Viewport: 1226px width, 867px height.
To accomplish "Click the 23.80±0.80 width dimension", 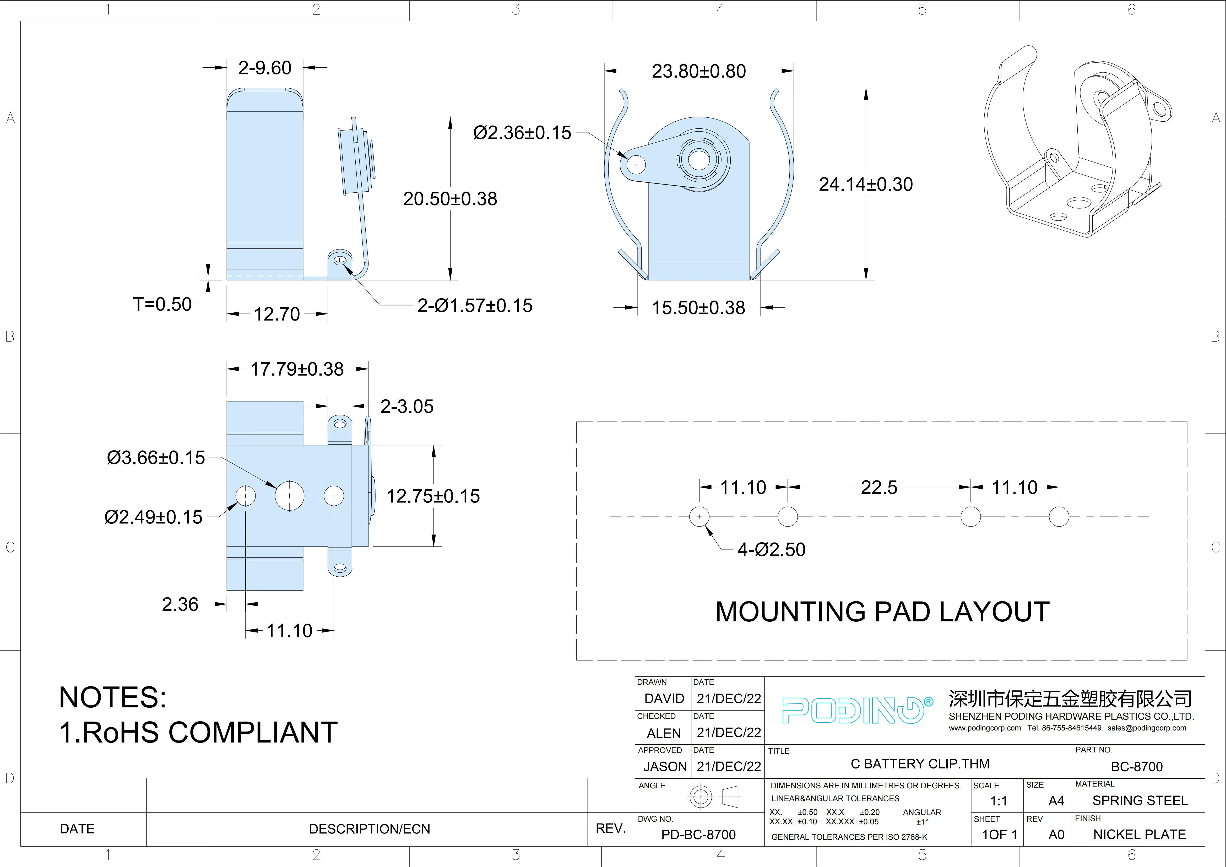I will [698, 71].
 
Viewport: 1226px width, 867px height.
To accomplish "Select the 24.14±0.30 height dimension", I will [866, 184].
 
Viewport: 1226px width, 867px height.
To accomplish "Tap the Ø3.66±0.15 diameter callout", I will [156, 458].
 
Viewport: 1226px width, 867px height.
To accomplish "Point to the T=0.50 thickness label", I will [162, 304].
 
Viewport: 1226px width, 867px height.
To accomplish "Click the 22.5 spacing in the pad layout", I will [879, 487].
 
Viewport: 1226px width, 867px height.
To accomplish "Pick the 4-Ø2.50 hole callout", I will [771, 549].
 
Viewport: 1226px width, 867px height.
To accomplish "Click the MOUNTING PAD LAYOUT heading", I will [882, 612].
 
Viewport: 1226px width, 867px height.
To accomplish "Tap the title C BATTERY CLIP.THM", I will [919, 764].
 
